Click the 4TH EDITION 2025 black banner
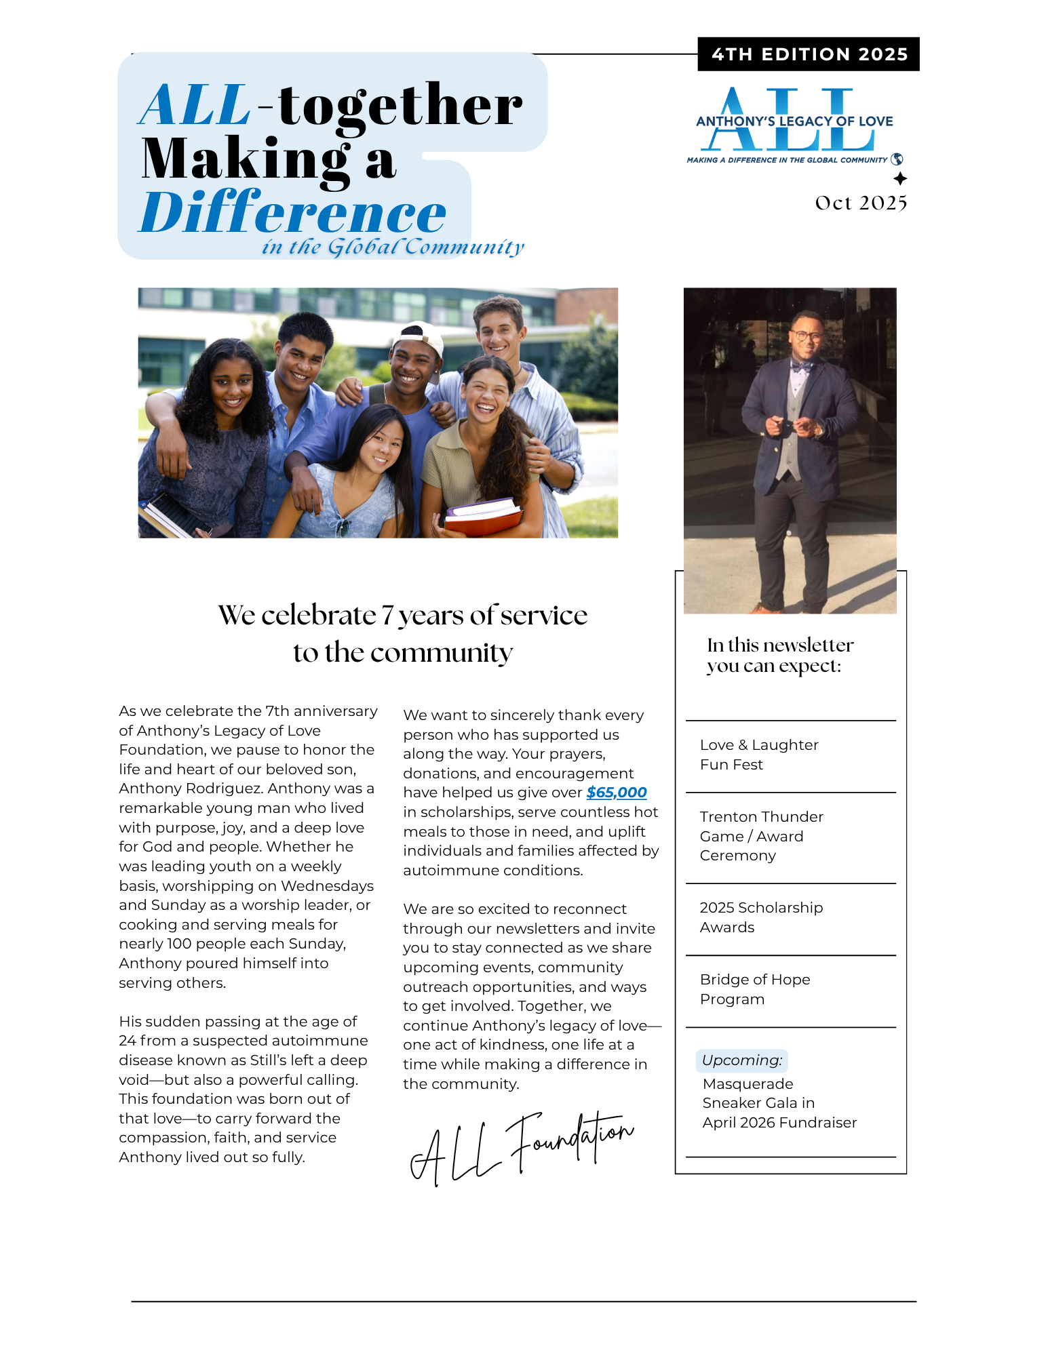[809, 54]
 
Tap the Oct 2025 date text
[861, 203]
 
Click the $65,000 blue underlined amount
[616, 792]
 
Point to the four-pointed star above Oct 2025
[900, 179]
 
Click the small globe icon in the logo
[897, 159]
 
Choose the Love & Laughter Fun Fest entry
[758, 755]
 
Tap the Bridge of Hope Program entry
[754, 989]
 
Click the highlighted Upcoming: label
[741, 1060]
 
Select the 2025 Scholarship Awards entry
[760, 917]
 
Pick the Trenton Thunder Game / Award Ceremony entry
[761, 836]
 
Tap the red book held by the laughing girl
[483, 519]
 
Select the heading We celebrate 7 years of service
[402, 616]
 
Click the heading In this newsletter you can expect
[779, 655]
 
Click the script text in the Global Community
[393, 247]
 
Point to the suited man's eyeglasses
[806, 336]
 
